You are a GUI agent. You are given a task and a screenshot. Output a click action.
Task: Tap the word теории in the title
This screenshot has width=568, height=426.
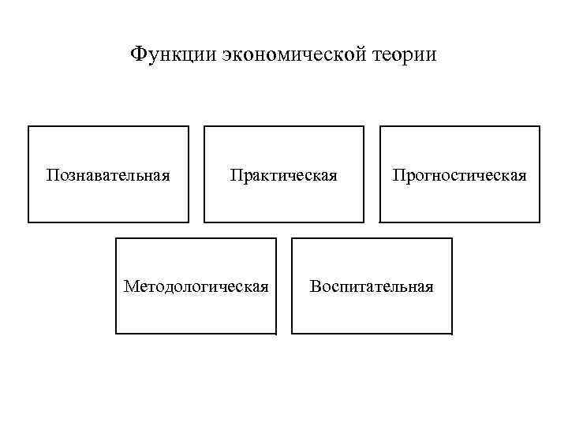click(408, 55)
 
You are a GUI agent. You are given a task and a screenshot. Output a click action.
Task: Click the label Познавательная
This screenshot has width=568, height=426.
click(108, 174)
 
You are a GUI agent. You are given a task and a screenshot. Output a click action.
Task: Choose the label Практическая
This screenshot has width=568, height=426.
click(284, 174)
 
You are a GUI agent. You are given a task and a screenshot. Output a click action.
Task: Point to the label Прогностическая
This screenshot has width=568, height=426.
click(460, 174)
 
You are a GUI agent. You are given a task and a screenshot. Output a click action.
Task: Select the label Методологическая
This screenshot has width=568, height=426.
click(196, 285)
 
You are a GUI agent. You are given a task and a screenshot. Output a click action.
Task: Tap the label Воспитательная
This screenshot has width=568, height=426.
click(372, 285)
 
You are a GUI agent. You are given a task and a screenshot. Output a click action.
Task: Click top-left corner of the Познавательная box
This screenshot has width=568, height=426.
click(28, 126)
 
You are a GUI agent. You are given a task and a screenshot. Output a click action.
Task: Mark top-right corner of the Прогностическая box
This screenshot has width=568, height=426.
click(540, 126)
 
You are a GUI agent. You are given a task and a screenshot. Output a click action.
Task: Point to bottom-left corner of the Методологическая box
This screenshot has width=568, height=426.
click(116, 334)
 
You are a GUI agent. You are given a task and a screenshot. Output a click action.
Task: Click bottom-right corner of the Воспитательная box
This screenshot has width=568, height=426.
click(452, 334)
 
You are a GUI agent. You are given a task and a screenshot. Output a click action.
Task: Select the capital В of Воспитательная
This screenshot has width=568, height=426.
click(315, 285)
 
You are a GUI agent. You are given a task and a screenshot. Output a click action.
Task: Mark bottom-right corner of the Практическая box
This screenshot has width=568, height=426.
click(364, 222)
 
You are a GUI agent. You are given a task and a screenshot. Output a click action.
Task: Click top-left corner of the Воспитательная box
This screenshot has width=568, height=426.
click(292, 238)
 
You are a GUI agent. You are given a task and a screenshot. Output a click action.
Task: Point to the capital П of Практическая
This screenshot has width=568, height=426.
click(235, 174)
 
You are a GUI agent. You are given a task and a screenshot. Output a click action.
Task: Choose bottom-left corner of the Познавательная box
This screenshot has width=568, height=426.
click(28, 222)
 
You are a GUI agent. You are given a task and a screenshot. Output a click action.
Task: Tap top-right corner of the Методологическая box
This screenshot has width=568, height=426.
click(276, 238)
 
